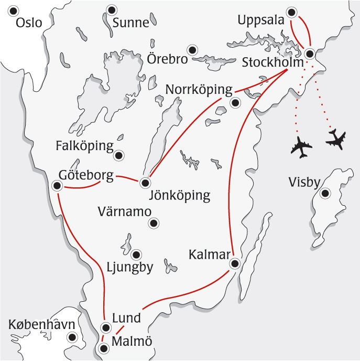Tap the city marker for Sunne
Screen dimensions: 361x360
pos(111,10)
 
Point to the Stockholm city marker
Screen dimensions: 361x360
pos(310,53)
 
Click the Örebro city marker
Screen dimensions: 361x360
pos(193,50)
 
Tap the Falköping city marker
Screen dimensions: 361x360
pos(119,155)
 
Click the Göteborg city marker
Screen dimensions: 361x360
pos(57,185)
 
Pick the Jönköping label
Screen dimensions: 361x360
pos(180,196)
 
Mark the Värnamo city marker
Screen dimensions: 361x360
pos(153,224)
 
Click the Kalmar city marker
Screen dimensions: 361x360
pos(235,263)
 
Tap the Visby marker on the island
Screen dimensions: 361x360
pos(325,194)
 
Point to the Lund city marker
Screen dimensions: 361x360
pos(106,328)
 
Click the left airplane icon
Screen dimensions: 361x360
pos(301,147)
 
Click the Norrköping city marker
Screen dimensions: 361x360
pos(235,103)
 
